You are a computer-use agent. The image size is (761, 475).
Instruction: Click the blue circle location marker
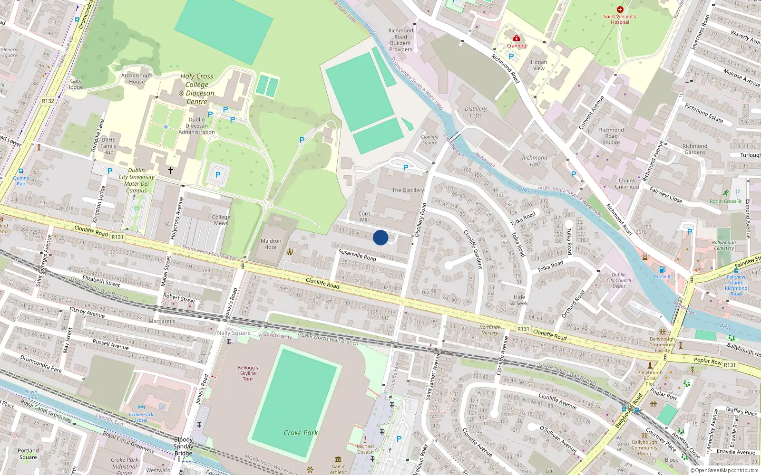point(380,237)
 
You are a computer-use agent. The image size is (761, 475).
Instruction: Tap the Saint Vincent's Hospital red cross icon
point(620,9)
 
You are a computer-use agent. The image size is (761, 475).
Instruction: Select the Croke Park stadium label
point(301,433)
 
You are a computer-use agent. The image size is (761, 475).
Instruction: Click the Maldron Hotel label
point(271,244)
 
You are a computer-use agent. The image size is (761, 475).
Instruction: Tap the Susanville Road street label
point(357,255)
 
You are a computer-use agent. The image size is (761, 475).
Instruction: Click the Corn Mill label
point(364,217)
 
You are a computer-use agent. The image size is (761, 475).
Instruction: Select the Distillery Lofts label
point(476,112)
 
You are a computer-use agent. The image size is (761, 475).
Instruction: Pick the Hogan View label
point(539,65)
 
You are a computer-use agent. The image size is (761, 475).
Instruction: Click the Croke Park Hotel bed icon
point(141,407)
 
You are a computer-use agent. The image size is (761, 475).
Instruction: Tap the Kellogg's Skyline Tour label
point(248,373)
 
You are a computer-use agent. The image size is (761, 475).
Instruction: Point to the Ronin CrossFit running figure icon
point(725,193)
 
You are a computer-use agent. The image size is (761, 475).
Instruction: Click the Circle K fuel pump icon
point(662,269)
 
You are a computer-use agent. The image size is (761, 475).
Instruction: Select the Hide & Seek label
point(519,300)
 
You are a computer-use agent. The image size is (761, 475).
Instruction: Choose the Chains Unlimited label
point(627,183)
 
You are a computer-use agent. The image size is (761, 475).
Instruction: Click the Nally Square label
point(234,333)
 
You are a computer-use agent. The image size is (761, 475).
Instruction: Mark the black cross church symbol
point(170,170)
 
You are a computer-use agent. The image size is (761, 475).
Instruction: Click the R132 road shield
point(48,101)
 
